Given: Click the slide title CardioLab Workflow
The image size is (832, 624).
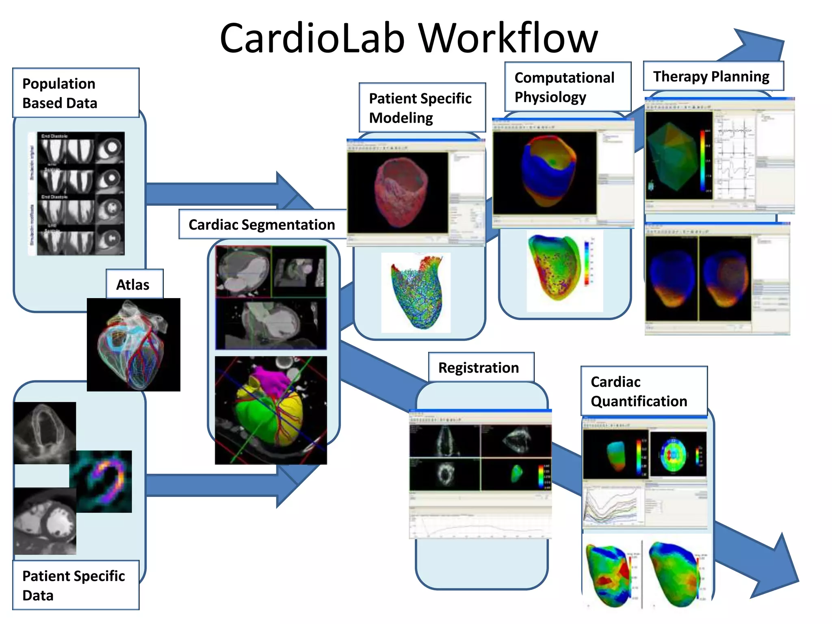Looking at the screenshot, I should coord(409,38).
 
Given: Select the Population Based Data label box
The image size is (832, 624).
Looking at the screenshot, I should coord(76,93).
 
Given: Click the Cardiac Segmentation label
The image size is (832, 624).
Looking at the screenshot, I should coord(262,224).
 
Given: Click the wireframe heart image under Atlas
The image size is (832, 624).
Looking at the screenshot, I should coord(133,345).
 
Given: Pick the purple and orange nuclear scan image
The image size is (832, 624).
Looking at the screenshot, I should coord(102,481).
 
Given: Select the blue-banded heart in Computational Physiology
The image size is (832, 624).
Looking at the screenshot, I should coord(548,171).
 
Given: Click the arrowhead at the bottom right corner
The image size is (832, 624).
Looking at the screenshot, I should coord(776,569).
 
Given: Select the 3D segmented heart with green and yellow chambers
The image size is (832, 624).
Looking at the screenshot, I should coord(270,410).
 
